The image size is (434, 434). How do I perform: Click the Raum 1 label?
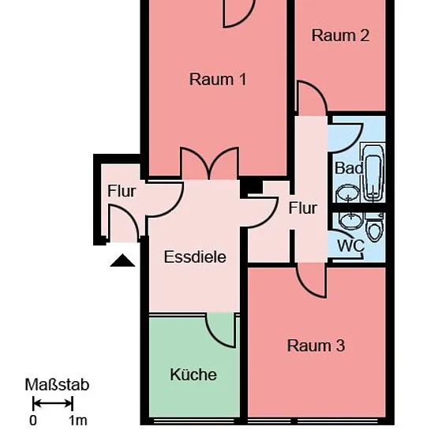[218, 80]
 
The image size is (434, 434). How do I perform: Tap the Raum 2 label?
[340, 36]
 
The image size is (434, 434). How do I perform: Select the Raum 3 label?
[316, 346]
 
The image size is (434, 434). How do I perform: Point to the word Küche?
[193, 375]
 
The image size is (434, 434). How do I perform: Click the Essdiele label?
[195, 257]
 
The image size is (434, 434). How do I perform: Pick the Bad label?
[349, 168]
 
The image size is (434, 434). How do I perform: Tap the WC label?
[350, 245]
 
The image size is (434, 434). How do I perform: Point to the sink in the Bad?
[348, 194]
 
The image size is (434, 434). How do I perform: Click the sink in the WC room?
[351, 221]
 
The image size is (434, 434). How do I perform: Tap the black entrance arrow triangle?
[122, 260]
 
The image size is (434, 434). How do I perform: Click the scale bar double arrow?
[53, 403]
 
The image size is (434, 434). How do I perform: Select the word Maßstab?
[57, 385]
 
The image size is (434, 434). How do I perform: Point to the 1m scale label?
[78, 421]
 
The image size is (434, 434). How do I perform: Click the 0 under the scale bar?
[33, 421]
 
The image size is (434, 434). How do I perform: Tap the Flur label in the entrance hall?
[122, 191]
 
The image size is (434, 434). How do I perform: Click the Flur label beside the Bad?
[302, 208]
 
